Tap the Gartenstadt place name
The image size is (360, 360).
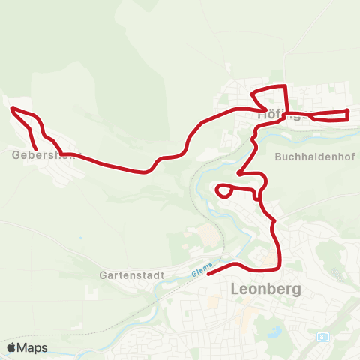[131, 275]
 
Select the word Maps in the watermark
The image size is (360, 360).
[32, 347]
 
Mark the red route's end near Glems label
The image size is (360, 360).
[208, 274]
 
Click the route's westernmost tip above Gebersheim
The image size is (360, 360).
[12, 109]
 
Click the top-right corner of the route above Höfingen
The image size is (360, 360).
[285, 87]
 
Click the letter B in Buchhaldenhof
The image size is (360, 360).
[279, 158]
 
